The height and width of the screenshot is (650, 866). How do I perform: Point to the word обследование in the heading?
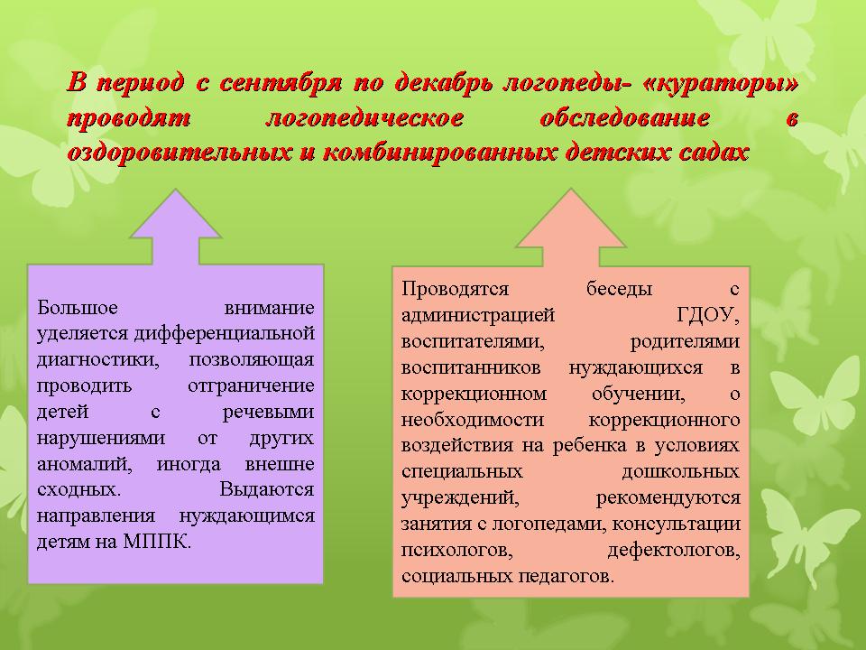pyautogui.click(x=624, y=118)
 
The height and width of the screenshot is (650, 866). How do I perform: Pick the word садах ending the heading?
pyautogui.click(x=714, y=152)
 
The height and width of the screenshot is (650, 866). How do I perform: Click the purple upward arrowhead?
pyautogui.click(x=176, y=215)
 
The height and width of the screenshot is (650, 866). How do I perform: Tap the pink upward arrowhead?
pyautogui.click(x=570, y=218)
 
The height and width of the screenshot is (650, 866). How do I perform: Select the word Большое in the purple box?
pyautogui.click(x=78, y=307)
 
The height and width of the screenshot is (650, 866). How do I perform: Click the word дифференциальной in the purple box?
pyautogui.click(x=225, y=333)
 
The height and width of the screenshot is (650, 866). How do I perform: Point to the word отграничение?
pyautogui.click(x=252, y=385)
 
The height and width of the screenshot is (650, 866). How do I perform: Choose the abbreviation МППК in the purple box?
pyautogui.click(x=157, y=542)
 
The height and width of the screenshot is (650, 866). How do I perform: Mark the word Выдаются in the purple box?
pyautogui.click(x=267, y=489)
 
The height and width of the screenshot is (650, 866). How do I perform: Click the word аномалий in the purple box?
pyautogui.click(x=85, y=464)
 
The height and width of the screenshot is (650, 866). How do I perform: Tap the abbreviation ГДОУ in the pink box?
pyautogui.click(x=708, y=316)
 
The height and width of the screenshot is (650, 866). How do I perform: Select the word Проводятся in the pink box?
pyautogui.click(x=455, y=289)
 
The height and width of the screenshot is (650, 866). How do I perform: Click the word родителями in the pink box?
pyautogui.click(x=685, y=341)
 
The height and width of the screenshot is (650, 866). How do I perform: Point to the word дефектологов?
pyautogui.click(x=674, y=551)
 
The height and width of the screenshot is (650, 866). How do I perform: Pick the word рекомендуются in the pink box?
pyautogui.click(x=668, y=498)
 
